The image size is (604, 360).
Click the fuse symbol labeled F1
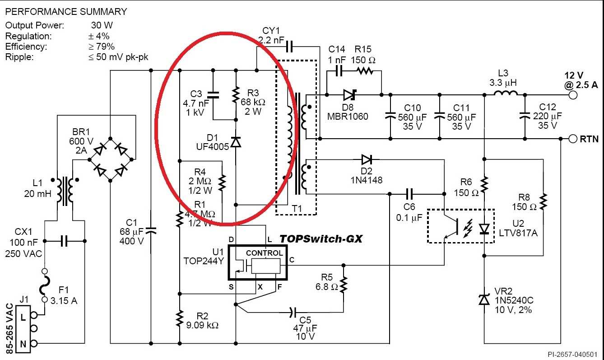[45, 285]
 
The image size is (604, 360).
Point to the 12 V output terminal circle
[573, 95]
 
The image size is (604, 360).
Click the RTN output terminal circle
[573, 139]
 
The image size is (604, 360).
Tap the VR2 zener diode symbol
[484, 299]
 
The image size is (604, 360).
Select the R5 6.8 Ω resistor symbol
[344, 285]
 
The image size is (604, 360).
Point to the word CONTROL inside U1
[264, 253]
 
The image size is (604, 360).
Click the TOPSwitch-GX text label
[321, 239]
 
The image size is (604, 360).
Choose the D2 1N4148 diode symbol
[367, 159]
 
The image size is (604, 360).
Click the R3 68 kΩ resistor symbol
[236, 94]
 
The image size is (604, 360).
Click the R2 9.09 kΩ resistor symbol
[180, 318]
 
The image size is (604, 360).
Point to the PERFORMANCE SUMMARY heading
[66, 12]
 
